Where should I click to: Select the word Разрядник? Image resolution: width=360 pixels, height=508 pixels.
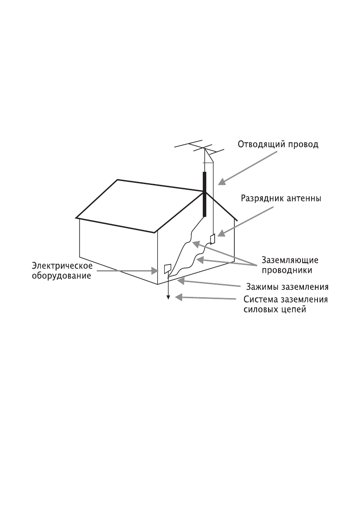pos(263,198)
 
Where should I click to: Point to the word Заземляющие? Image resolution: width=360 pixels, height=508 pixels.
pos(289,260)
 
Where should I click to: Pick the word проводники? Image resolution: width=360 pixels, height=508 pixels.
pos(286,270)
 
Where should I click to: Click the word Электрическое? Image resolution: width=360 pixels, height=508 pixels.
pos(62,266)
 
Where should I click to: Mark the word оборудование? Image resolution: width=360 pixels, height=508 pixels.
pos(62,276)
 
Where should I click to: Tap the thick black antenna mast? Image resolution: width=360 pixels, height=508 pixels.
pos(204,195)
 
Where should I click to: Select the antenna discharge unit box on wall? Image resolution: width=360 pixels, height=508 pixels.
pos(213,239)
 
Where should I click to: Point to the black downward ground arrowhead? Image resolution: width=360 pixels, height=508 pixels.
pos(168,298)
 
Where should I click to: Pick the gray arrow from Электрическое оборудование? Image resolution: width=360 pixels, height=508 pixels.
pos(127,271)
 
